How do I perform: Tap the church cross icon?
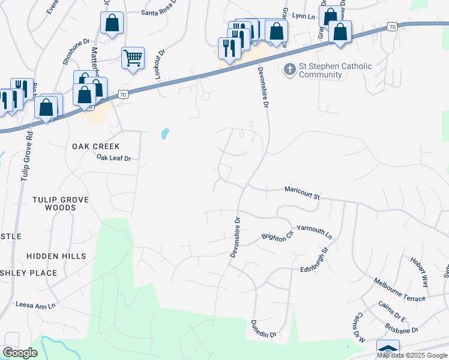[289, 70]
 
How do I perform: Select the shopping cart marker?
[133, 58]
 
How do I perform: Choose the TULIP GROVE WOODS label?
[61, 203]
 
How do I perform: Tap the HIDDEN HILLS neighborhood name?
[56, 256]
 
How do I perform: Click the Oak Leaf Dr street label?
[113, 158]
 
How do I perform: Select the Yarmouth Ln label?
[314, 231]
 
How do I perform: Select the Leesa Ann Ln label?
[35, 305]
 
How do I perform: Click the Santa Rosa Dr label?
[160, 12]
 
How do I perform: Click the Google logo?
[20, 353]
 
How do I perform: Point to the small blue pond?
[164, 133]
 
